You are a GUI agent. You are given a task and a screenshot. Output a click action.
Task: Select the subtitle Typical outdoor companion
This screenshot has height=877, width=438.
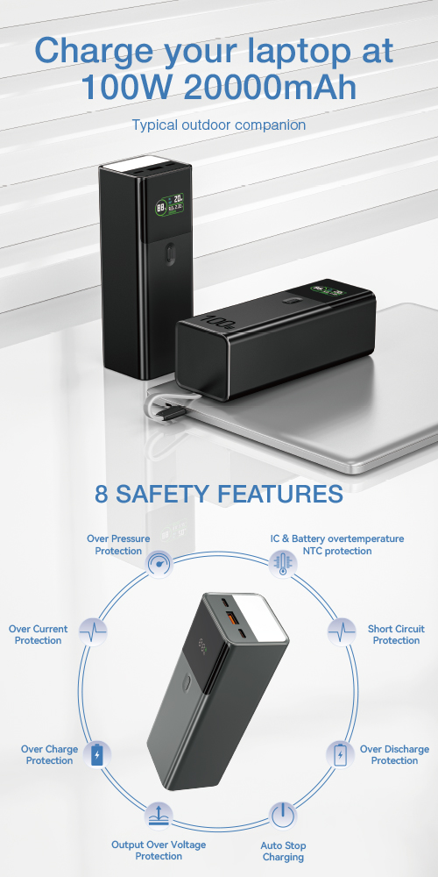[x=218, y=125]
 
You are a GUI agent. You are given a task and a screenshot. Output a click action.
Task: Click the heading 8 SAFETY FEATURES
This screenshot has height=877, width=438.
[x=218, y=494]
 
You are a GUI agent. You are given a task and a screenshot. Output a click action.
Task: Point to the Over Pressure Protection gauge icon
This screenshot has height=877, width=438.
[x=159, y=563]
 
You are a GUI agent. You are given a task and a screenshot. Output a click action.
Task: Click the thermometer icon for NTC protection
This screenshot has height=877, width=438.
[x=283, y=563]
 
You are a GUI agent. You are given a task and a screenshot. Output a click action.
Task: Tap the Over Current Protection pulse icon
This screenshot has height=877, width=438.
[x=93, y=632]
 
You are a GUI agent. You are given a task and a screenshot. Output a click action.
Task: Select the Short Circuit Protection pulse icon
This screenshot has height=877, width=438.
[x=342, y=632]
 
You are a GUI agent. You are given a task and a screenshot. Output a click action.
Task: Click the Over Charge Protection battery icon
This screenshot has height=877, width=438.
[x=97, y=754]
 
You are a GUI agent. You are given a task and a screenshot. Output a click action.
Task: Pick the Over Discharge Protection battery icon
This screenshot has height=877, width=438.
[x=340, y=754]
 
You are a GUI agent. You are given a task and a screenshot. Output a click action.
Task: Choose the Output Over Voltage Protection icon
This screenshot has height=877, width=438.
[x=159, y=816]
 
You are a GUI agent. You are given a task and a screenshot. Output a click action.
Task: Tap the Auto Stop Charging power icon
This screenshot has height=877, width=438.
[x=283, y=816]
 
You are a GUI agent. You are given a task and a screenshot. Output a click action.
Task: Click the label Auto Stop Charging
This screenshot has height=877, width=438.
[x=283, y=852]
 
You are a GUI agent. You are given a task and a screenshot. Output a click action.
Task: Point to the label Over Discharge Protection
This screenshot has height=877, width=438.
[x=394, y=754]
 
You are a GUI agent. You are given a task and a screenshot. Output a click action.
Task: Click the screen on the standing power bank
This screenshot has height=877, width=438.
[x=171, y=205]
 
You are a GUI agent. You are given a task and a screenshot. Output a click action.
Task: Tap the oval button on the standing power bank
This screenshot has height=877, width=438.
[x=171, y=254]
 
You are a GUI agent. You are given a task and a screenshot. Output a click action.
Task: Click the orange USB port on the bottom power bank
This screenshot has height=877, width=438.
[x=230, y=617]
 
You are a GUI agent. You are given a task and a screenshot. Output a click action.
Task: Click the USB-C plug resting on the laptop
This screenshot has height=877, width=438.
[x=172, y=413]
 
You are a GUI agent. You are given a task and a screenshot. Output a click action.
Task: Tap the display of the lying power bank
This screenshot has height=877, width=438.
[x=329, y=291]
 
